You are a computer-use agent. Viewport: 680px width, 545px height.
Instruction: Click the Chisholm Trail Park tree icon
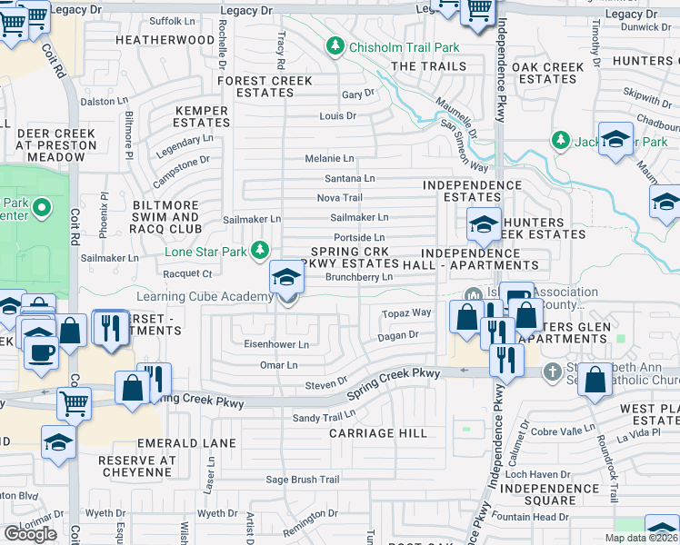point(335,46)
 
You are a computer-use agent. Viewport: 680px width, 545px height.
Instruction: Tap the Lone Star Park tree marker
point(262,249)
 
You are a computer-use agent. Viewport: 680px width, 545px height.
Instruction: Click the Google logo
point(30,533)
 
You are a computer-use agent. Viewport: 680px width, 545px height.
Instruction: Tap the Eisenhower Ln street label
point(276,345)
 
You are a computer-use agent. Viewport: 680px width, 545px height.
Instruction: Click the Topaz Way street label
point(405,312)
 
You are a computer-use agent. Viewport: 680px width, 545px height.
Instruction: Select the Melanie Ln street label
point(329,158)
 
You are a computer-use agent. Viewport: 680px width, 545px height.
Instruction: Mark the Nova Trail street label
point(339,198)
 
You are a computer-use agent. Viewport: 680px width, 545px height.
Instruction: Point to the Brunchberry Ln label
point(358,277)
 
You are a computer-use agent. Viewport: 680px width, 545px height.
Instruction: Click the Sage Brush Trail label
point(302,480)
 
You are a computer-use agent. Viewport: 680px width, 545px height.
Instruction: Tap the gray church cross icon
point(552,372)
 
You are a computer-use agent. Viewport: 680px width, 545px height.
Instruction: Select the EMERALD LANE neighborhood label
point(186,443)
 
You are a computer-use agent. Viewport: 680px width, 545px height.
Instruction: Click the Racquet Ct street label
point(186,272)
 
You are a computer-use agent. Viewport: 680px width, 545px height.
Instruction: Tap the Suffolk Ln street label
point(172,19)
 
